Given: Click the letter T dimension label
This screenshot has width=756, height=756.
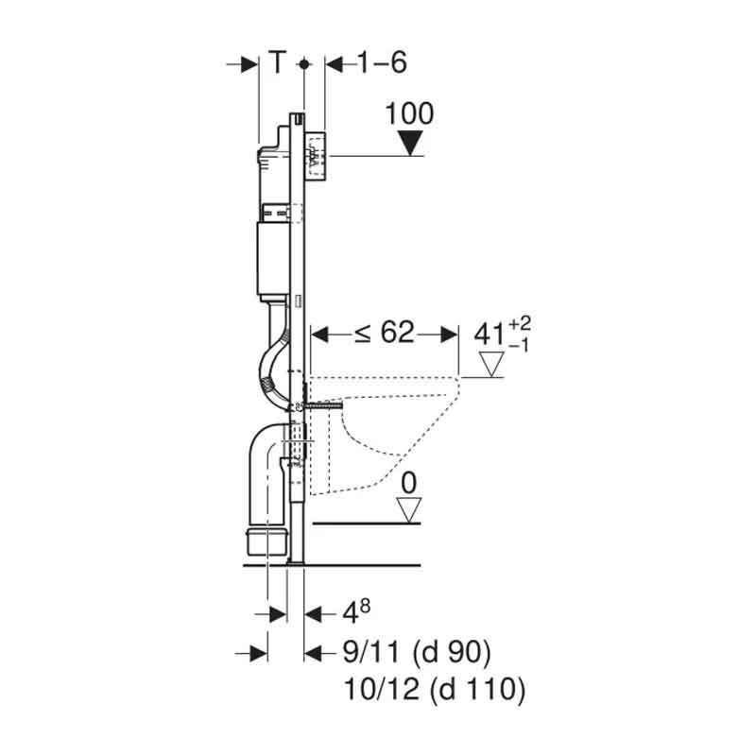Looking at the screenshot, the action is point(277,62).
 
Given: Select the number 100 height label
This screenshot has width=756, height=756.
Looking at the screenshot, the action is point(410,113).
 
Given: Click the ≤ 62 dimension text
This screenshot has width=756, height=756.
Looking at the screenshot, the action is point(385,333).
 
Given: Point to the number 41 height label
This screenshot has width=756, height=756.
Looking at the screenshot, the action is point(490,335).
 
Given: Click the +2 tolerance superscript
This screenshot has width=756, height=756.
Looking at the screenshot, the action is point(520,324).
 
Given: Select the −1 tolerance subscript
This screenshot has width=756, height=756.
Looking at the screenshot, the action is point(519,345).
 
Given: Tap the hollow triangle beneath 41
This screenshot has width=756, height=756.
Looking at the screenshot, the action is point(491,364).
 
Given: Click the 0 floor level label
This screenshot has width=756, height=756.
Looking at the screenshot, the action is point(409,483).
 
